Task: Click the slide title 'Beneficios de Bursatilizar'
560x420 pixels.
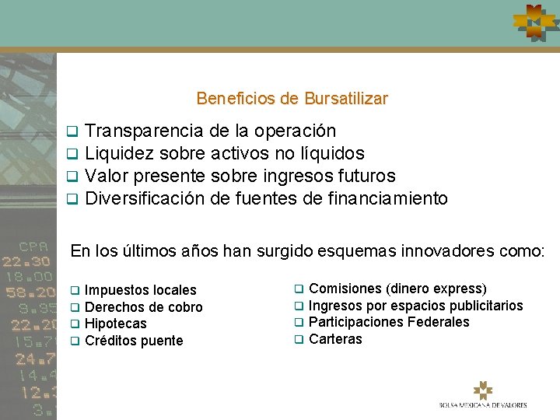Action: [x=292, y=99]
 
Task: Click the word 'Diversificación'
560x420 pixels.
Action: [x=145, y=198]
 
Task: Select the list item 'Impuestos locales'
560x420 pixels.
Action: [x=140, y=290]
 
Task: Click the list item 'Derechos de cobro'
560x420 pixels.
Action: [x=143, y=307]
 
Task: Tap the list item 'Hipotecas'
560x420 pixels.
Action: [x=115, y=324]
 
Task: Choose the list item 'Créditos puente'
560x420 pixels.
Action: [x=134, y=341]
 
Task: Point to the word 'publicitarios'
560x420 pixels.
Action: [x=485, y=306]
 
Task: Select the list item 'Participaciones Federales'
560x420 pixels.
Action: [x=389, y=322]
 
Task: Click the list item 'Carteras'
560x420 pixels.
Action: [x=335, y=339]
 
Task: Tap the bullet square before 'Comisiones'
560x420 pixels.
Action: [x=298, y=289]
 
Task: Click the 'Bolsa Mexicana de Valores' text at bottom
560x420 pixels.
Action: [x=482, y=404]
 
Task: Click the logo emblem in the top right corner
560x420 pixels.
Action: [x=534, y=23]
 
